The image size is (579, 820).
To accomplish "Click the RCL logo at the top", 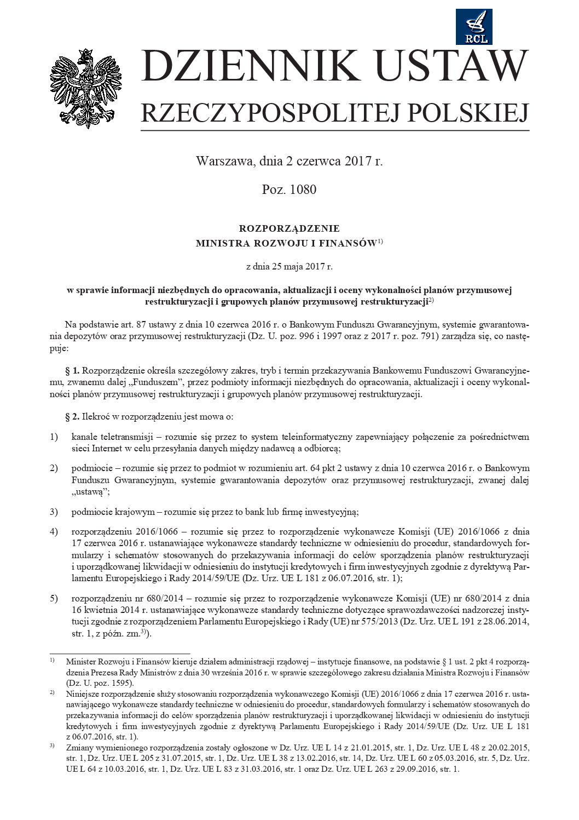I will pyautogui.click(x=474, y=27).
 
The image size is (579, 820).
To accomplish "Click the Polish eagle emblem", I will pyautogui.click(x=86, y=88).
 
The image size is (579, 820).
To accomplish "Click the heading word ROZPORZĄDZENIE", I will pyautogui.click(x=289, y=228).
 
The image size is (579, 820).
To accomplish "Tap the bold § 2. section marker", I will pyautogui.click(x=72, y=417).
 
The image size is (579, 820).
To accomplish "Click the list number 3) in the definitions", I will pyautogui.click(x=54, y=512).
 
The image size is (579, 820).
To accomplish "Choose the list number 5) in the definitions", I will pyautogui.click(x=54, y=598).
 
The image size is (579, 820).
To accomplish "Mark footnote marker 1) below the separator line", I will pyautogui.click(x=52, y=661).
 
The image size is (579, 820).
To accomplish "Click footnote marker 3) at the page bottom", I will pyautogui.click(x=52, y=747).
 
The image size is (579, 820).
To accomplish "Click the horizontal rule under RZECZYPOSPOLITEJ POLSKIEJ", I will pyautogui.click(x=335, y=130).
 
